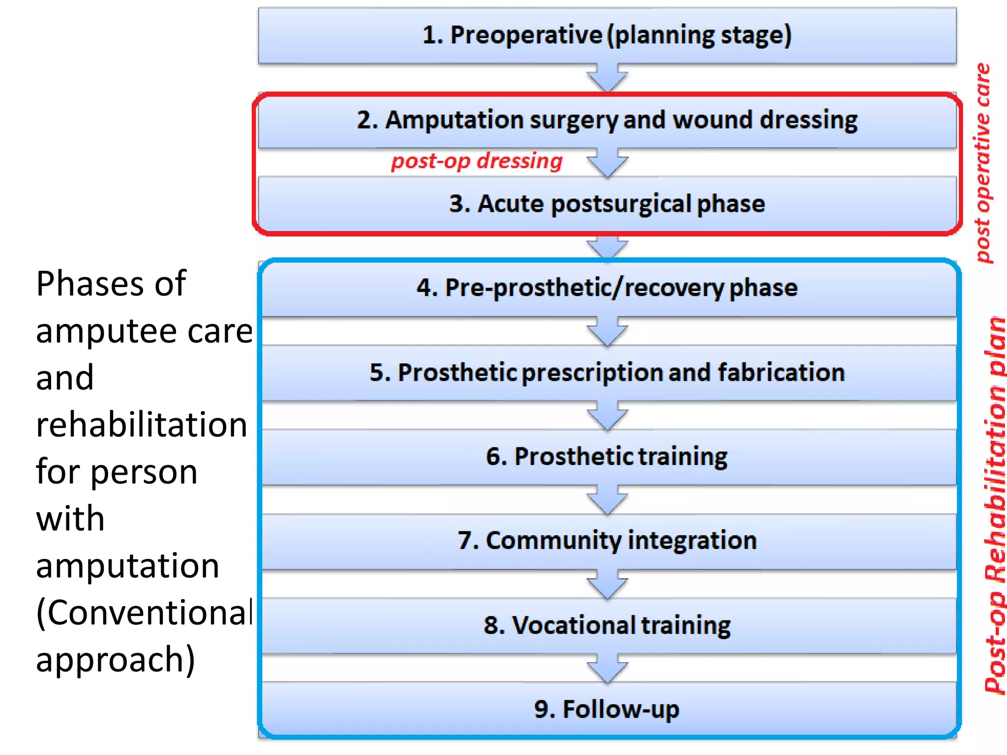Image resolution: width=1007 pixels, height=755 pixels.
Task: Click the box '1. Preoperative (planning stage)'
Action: tap(607, 35)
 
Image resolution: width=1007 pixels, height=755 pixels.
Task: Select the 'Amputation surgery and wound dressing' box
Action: tap(607, 120)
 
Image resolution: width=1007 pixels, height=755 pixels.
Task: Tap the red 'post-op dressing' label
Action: tap(476, 161)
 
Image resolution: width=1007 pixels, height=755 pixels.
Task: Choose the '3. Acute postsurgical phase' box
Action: tap(607, 204)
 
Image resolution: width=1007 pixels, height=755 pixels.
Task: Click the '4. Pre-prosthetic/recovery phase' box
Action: tap(607, 288)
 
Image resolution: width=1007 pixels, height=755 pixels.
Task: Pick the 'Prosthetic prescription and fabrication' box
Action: tap(607, 373)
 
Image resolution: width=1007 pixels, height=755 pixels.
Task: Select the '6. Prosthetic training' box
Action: tap(607, 457)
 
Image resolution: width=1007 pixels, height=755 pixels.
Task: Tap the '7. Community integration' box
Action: tap(607, 541)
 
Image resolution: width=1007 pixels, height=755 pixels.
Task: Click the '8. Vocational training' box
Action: tap(607, 625)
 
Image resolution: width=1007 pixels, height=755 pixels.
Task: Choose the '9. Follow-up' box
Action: tap(607, 709)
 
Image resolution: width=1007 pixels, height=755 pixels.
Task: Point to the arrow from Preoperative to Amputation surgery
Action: tap(607, 78)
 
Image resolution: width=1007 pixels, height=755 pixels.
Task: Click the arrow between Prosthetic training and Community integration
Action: tap(607, 500)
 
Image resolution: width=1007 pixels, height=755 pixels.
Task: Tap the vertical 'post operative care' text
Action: tap(983, 163)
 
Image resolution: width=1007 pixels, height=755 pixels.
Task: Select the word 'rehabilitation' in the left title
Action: tap(142, 425)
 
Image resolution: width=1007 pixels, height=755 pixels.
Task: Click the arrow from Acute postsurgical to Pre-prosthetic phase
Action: tap(607, 247)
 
